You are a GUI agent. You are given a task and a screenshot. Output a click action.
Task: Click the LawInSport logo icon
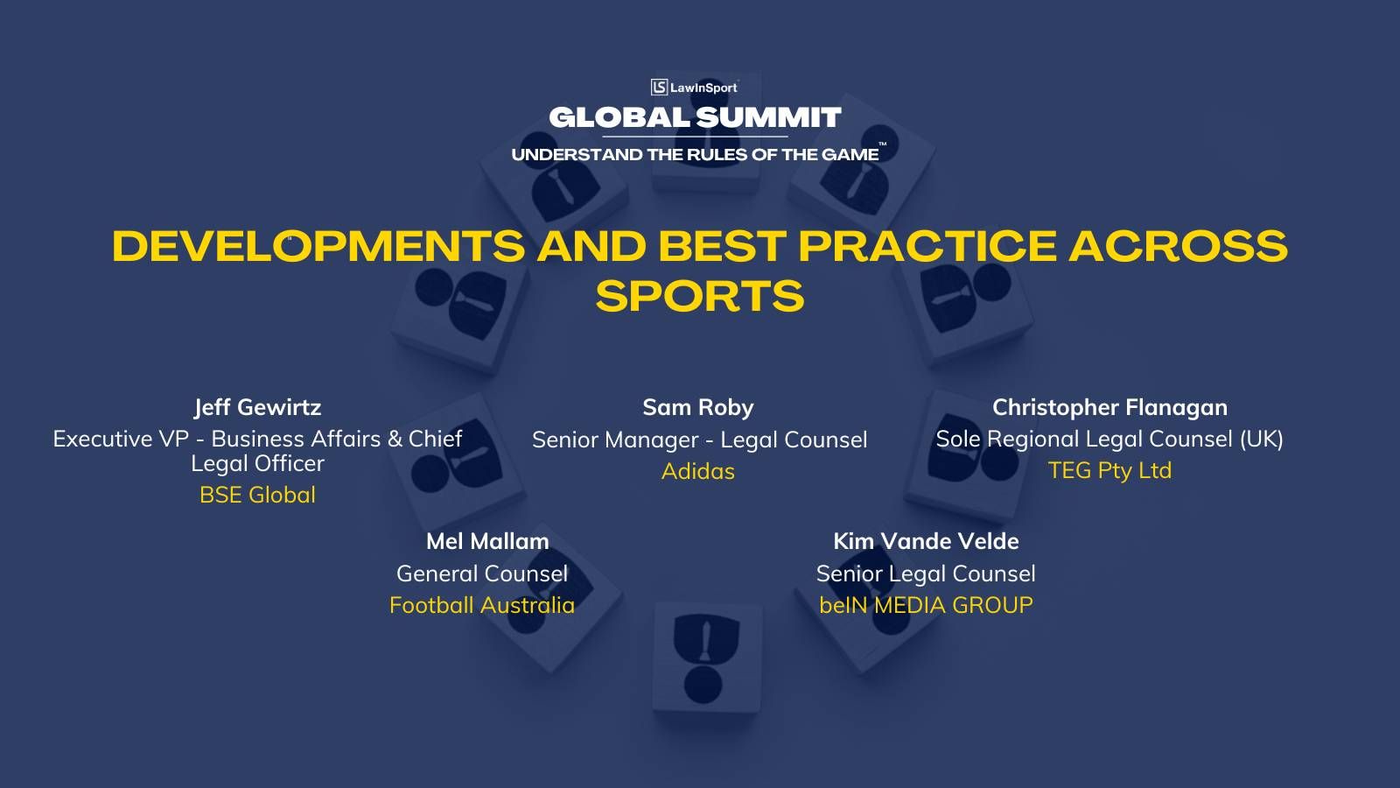659,87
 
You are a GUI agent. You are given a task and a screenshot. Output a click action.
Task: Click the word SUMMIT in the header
768,117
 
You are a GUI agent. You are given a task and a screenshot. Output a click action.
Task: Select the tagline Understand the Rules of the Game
695,154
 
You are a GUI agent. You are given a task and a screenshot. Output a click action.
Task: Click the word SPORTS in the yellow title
700,296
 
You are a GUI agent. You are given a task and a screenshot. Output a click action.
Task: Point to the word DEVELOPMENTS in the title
318,245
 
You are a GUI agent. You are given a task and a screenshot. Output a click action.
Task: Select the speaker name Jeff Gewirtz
257,407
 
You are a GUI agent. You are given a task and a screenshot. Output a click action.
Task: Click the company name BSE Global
257,495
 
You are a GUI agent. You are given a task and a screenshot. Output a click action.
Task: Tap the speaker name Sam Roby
698,407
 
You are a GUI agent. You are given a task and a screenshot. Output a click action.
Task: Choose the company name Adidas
698,471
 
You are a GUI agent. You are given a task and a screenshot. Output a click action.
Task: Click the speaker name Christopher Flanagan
1110,407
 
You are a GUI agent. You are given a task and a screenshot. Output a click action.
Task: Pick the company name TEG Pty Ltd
1110,470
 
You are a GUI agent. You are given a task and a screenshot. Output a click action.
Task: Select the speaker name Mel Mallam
487,541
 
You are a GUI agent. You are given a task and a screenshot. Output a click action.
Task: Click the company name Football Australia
482,605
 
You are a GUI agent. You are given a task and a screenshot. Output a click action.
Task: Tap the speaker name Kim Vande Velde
927,541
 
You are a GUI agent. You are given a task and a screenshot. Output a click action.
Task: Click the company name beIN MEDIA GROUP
927,605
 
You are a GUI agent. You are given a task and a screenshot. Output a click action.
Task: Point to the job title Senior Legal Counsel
927,573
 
